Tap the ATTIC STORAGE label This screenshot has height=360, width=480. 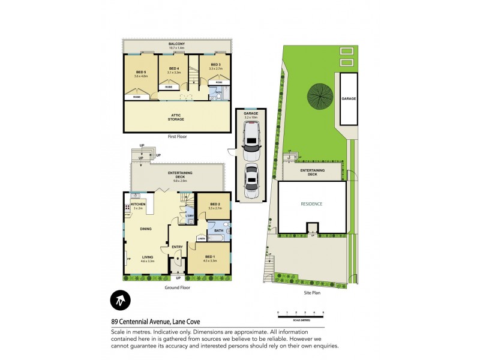176,116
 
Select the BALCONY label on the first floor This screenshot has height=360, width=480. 176,44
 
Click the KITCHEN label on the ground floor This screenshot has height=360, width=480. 138,205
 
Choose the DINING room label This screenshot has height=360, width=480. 146,229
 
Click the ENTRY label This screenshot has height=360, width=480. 177,247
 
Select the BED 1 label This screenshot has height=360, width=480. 209,256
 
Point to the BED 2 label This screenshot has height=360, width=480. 215,205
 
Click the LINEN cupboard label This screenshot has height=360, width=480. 202,238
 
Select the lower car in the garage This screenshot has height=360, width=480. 250,179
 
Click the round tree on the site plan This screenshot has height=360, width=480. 319,95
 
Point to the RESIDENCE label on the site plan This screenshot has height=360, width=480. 311,204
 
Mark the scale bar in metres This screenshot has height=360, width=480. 300,314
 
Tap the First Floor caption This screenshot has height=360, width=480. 177,137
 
